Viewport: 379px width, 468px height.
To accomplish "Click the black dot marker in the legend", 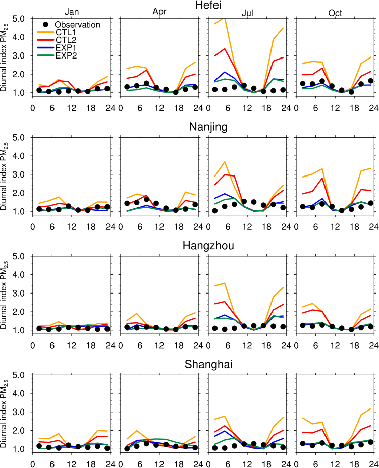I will coord(45,24).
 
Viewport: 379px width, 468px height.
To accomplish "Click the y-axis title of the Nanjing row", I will coord(6,174).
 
